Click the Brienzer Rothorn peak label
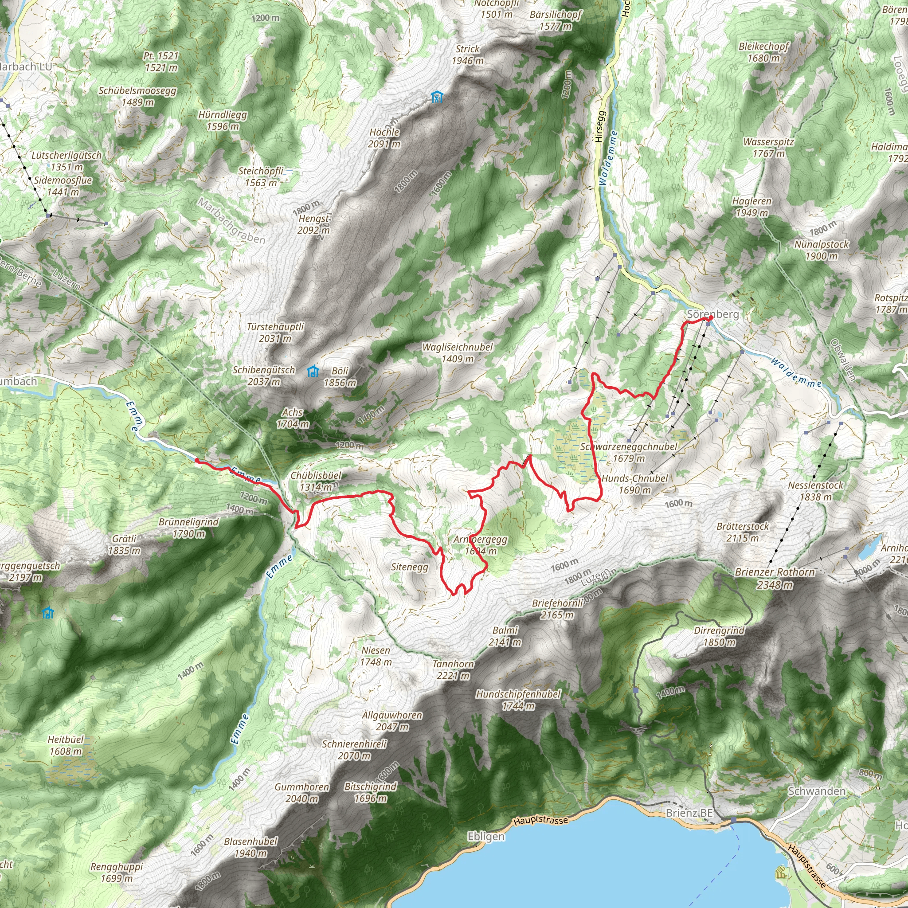tap(775, 578)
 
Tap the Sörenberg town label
tap(712, 314)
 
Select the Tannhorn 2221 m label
tap(453, 670)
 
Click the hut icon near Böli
tap(313, 372)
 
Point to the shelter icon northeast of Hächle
tap(437, 97)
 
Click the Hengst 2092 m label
tap(314, 224)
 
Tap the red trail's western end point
tap(196, 461)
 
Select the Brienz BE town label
tap(689, 813)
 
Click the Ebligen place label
tap(486, 837)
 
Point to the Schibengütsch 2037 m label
tap(264, 376)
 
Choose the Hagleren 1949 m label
tap(751, 207)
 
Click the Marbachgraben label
tap(231, 221)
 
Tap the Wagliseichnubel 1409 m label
tap(457, 353)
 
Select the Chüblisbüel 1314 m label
tap(316, 481)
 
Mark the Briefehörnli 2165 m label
tap(557, 609)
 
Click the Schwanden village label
tap(816, 791)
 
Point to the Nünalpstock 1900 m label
tap(822, 250)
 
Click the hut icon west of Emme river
tap(47, 613)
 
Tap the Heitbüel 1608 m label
tap(66, 745)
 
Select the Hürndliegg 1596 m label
tap(222, 120)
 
